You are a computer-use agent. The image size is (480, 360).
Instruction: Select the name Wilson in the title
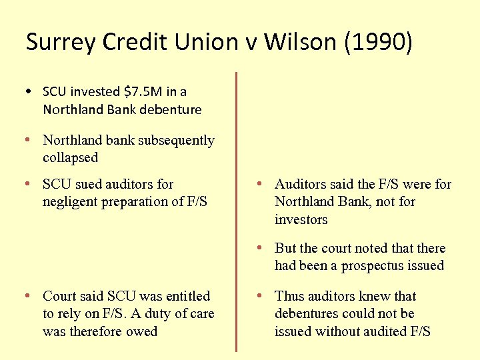click(x=299, y=42)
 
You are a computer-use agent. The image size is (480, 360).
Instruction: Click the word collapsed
click(x=70, y=158)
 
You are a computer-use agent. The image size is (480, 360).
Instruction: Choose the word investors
click(x=301, y=219)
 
